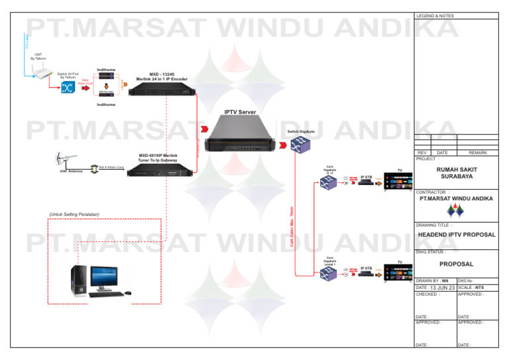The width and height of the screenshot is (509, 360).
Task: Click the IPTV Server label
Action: click(239, 112)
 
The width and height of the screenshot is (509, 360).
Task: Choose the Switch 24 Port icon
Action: click(67, 89)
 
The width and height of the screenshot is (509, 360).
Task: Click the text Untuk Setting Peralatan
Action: click(74, 214)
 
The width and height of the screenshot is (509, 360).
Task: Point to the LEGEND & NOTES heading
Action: click(435, 15)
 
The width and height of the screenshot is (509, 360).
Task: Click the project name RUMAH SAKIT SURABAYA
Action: click(455, 174)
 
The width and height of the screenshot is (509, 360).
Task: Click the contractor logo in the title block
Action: click(455, 210)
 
